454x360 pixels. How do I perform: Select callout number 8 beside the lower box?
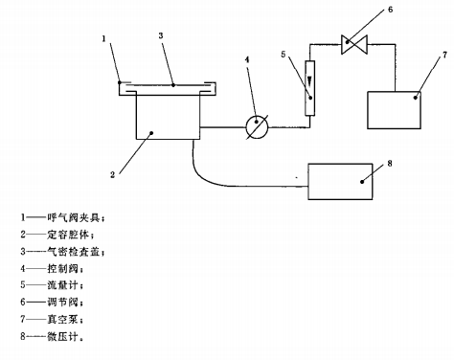pos(388,163)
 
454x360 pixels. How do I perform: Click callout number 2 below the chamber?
pos(112,175)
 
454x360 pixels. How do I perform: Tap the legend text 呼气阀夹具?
pos(86,217)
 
